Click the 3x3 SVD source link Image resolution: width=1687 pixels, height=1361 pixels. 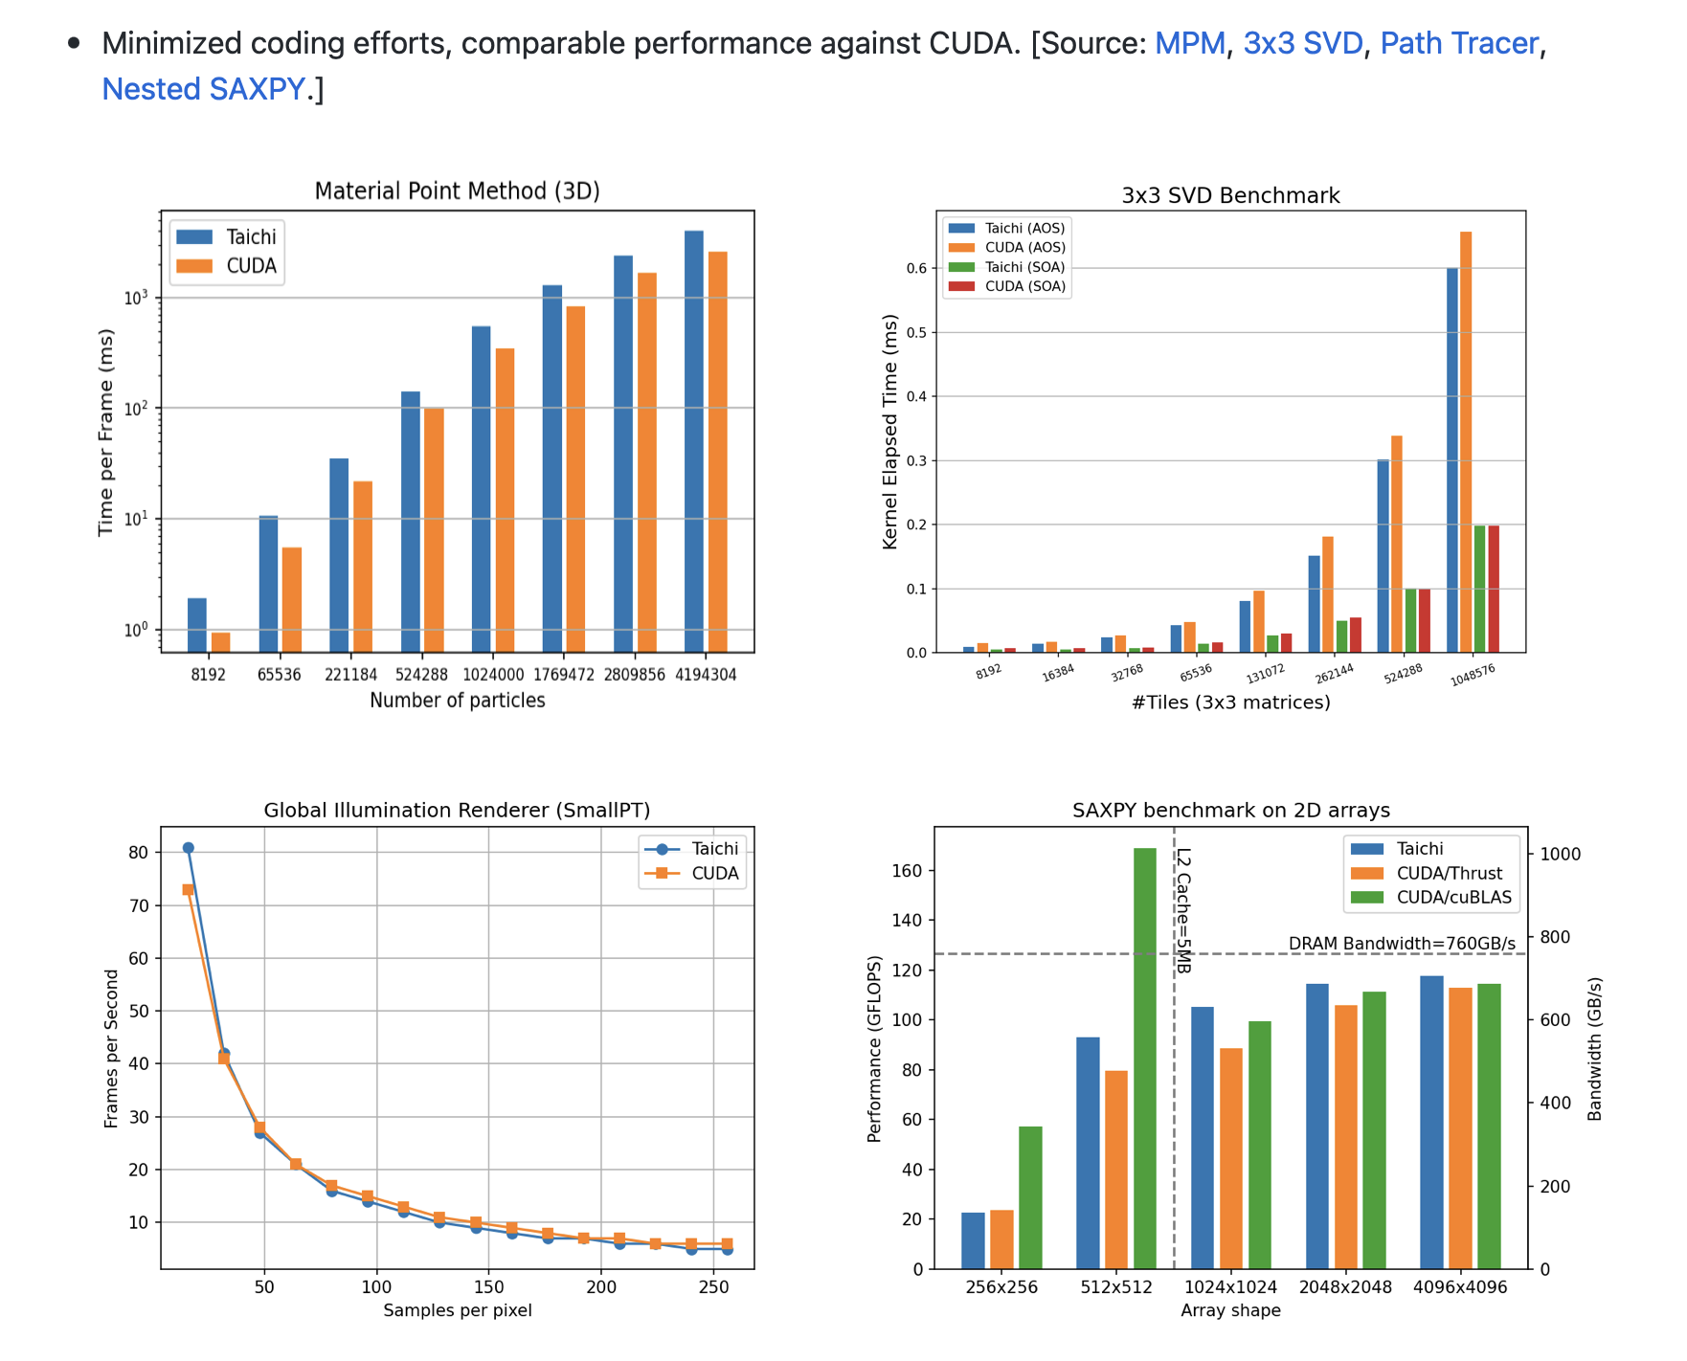(x=1302, y=43)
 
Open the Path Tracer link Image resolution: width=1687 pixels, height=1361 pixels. (x=1458, y=43)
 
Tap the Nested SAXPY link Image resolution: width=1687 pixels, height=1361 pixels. (x=203, y=89)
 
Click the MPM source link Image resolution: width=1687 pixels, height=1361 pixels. (x=1189, y=43)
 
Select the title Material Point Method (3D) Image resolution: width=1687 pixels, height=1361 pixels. (x=457, y=191)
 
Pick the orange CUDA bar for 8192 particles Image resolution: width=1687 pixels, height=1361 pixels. (x=220, y=641)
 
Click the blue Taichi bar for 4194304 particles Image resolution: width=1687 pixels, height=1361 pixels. (x=694, y=440)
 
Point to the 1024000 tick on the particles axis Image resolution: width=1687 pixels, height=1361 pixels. (x=493, y=675)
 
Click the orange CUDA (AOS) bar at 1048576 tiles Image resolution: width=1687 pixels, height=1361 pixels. (x=1466, y=440)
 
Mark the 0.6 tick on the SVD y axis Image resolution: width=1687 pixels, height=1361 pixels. (x=917, y=269)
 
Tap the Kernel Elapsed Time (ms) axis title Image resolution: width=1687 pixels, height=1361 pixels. (x=890, y=432)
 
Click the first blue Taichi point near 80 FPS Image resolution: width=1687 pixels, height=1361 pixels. (x=189, y=848)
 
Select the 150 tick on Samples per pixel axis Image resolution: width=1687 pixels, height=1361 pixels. (x=488, y=1287)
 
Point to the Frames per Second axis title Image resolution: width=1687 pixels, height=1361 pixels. (x=112, y=1048)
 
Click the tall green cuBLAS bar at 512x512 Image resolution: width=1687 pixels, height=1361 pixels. (x=1145, y=1058)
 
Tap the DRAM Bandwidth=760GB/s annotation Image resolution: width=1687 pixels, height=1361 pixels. (x=1402, y=944)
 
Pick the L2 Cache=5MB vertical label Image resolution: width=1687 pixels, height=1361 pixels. (x=1183, y=910)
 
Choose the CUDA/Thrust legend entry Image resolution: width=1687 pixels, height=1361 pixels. (x=1449, y=873)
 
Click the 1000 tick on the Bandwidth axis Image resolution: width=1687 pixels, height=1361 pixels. (x=1560, y=855)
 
